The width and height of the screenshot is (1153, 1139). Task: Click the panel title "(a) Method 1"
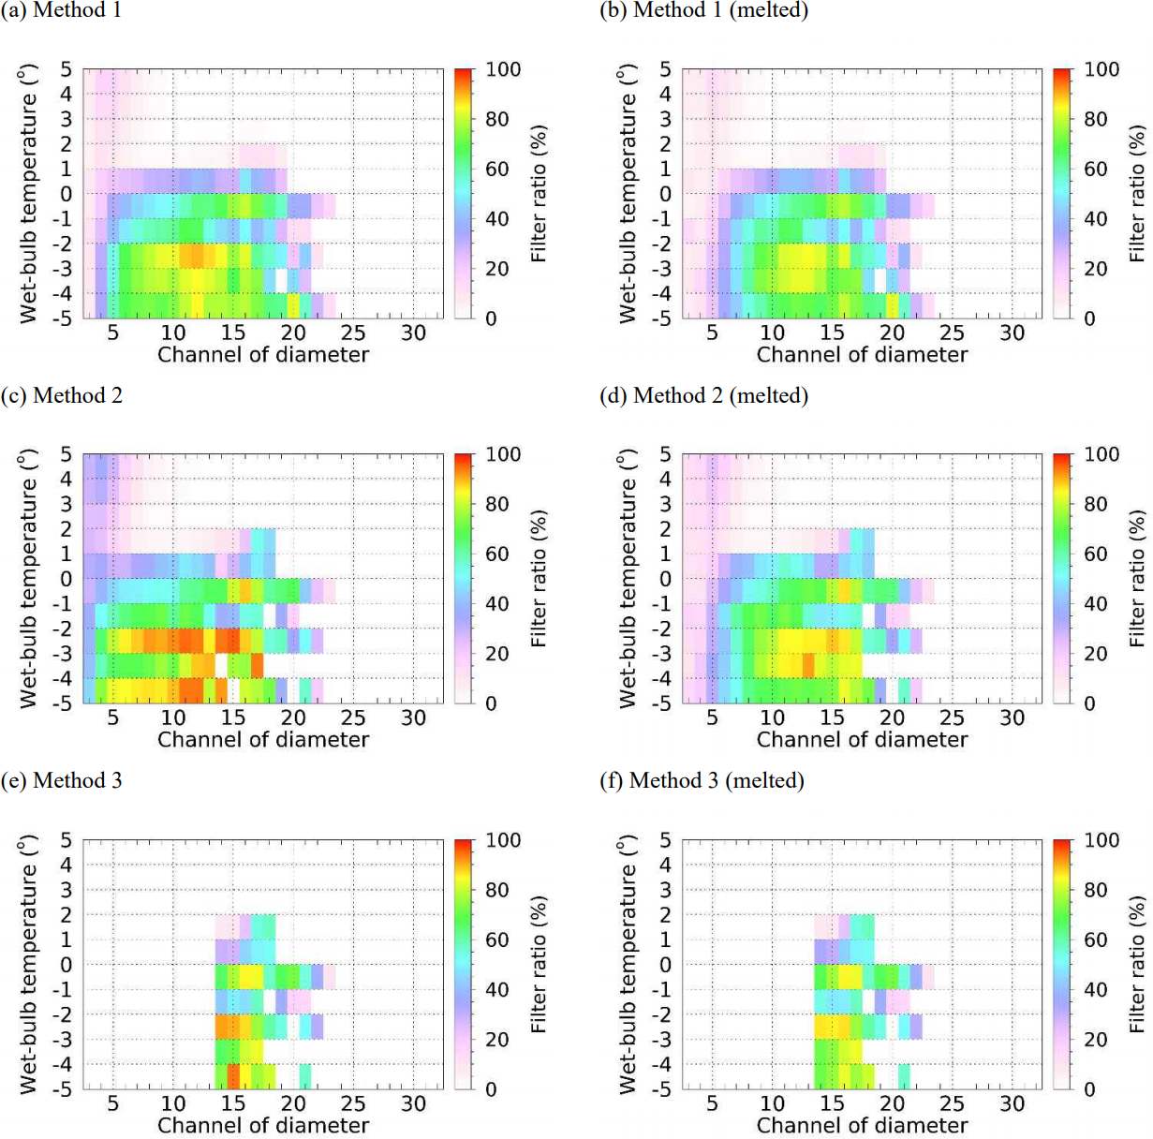[62, 10]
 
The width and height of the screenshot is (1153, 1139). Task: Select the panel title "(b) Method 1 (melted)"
[703, 10]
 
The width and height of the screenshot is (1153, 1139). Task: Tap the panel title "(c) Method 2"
[62, 395]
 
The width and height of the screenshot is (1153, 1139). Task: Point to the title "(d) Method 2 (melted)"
[703, 395]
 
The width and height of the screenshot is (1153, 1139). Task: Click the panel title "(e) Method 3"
[62, 780]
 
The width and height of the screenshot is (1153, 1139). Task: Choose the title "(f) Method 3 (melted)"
[702, 780]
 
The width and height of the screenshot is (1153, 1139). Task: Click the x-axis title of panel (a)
[263, 355]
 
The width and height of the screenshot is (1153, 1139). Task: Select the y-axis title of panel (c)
[29, 579]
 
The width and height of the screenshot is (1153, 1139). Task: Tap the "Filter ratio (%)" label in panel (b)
[1137, 194]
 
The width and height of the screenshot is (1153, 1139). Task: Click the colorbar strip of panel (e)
[464, 964]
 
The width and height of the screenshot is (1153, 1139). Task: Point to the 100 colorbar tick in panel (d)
[1101, 454]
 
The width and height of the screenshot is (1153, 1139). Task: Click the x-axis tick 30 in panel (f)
[1012, 1103]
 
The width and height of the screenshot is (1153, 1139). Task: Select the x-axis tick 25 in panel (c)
[353, 718]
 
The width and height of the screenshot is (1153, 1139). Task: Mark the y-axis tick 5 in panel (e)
[66, 840]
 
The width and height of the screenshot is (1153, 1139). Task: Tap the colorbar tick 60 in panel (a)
[496, 170]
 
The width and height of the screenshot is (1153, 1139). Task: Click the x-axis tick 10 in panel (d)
[772, 718]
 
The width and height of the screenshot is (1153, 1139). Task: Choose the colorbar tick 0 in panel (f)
[1089, 1089]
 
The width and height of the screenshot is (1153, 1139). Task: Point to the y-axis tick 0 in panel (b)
[665, 194]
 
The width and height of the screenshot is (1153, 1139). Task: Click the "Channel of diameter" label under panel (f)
[862, 1125]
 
